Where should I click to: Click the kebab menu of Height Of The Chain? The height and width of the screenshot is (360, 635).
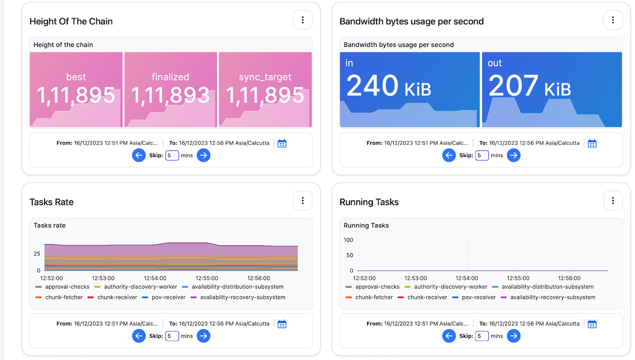[x=302, y=20]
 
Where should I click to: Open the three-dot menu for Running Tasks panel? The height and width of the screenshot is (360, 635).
[x=613, y=200]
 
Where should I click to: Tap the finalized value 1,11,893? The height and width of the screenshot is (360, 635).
[x=170, y=95]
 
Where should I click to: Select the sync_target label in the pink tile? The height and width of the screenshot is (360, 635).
[x=265, y=77]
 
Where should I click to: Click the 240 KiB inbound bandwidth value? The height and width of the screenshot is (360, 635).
[x=389, y=86]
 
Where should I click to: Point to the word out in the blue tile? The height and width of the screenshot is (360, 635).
[x=495, y=63]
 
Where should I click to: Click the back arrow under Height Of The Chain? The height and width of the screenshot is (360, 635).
[x=139, y=155]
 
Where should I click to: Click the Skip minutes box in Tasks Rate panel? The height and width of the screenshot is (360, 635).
[x=172, y=336]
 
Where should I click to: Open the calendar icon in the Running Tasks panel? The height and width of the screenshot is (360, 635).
[x=592, y=324]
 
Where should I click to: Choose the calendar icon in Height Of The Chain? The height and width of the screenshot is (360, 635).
[x=282, y=143]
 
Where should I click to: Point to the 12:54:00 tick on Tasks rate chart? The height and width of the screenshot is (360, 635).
[x=155, y=278]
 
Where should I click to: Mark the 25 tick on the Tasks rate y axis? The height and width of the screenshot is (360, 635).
[x=37, y=254]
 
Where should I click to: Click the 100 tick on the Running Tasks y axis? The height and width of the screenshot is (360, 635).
[x=348, y=240]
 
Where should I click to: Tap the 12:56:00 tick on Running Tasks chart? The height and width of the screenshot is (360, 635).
[x=569, y=278]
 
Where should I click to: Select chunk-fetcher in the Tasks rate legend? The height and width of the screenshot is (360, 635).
[x=63, y=297]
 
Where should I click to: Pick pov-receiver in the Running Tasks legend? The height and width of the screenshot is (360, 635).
[x=478, y=297]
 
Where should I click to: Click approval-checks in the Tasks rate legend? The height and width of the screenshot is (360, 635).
[x=67, y=287]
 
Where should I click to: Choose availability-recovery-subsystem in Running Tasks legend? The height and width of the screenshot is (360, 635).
[x=552, y=297]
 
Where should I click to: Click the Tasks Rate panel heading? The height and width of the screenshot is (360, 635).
[x=52, y=202]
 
